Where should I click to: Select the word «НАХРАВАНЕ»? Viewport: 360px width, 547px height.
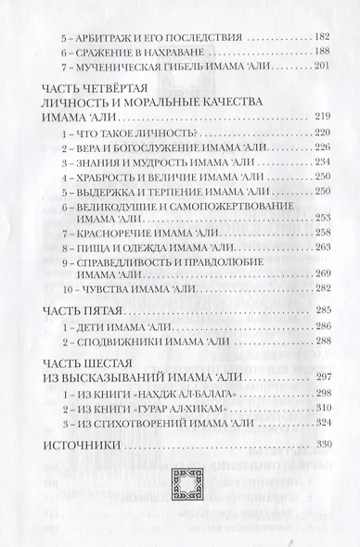coord(168,54)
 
